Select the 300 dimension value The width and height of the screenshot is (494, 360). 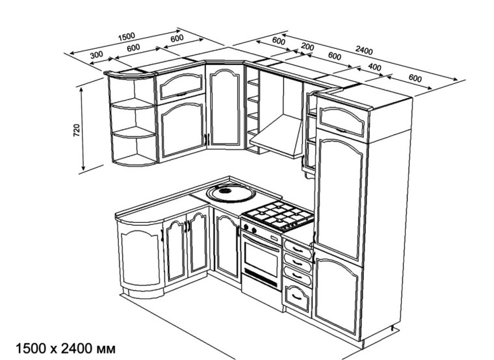tap(97, 55)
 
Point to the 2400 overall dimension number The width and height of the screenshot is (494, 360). tap(365, 51)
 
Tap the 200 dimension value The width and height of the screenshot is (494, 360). tap(308, 47)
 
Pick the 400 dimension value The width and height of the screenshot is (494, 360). tap(374, 68)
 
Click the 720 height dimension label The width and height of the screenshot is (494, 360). tap(76, 130)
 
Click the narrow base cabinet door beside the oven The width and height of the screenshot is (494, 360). tap(227, 250)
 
